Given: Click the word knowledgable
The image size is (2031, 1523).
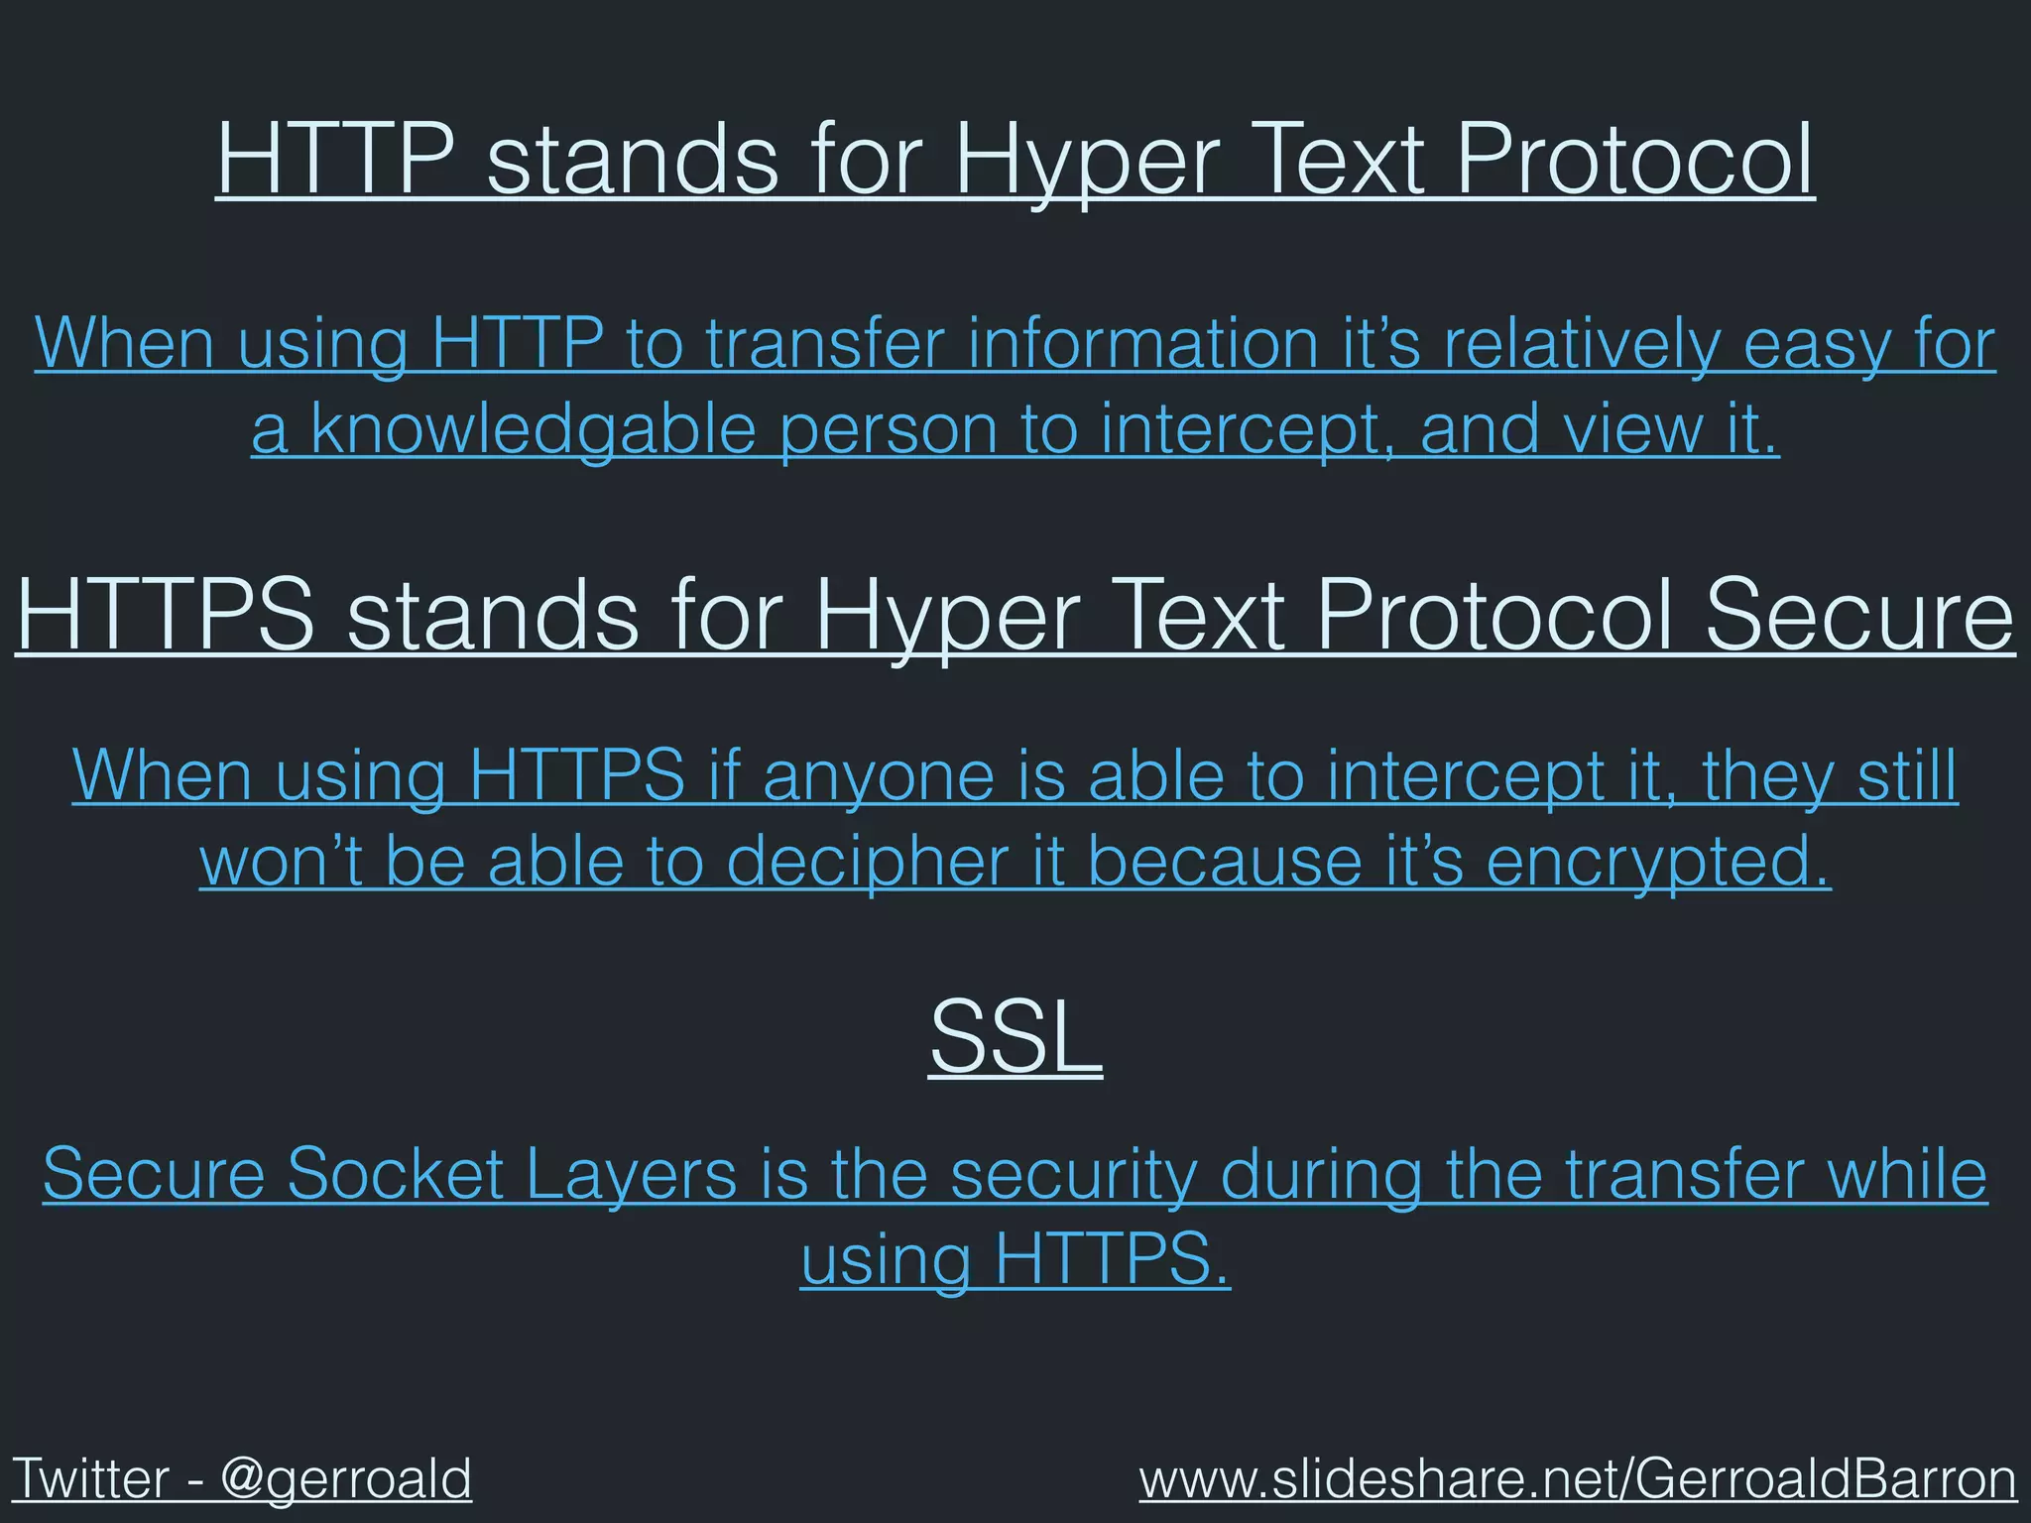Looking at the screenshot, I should [x=534, y=430].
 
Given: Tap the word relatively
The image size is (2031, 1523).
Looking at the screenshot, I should [x=1576, y=344].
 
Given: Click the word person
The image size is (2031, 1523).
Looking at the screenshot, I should [x=889, y=432].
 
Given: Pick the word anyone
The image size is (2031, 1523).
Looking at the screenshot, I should [x=878, y=776].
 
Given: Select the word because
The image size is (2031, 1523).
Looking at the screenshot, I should [x=1225, y=861].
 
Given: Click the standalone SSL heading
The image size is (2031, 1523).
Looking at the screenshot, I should [x=1015, y=1037].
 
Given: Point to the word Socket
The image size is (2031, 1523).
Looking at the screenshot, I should [x=396, y=1174].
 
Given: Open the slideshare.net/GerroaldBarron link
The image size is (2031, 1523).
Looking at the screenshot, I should [x=1577, y=1479].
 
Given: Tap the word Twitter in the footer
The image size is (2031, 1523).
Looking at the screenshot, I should [x=89, y=1479].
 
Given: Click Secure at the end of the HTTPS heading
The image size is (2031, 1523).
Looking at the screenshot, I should [x=1859, y=616].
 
